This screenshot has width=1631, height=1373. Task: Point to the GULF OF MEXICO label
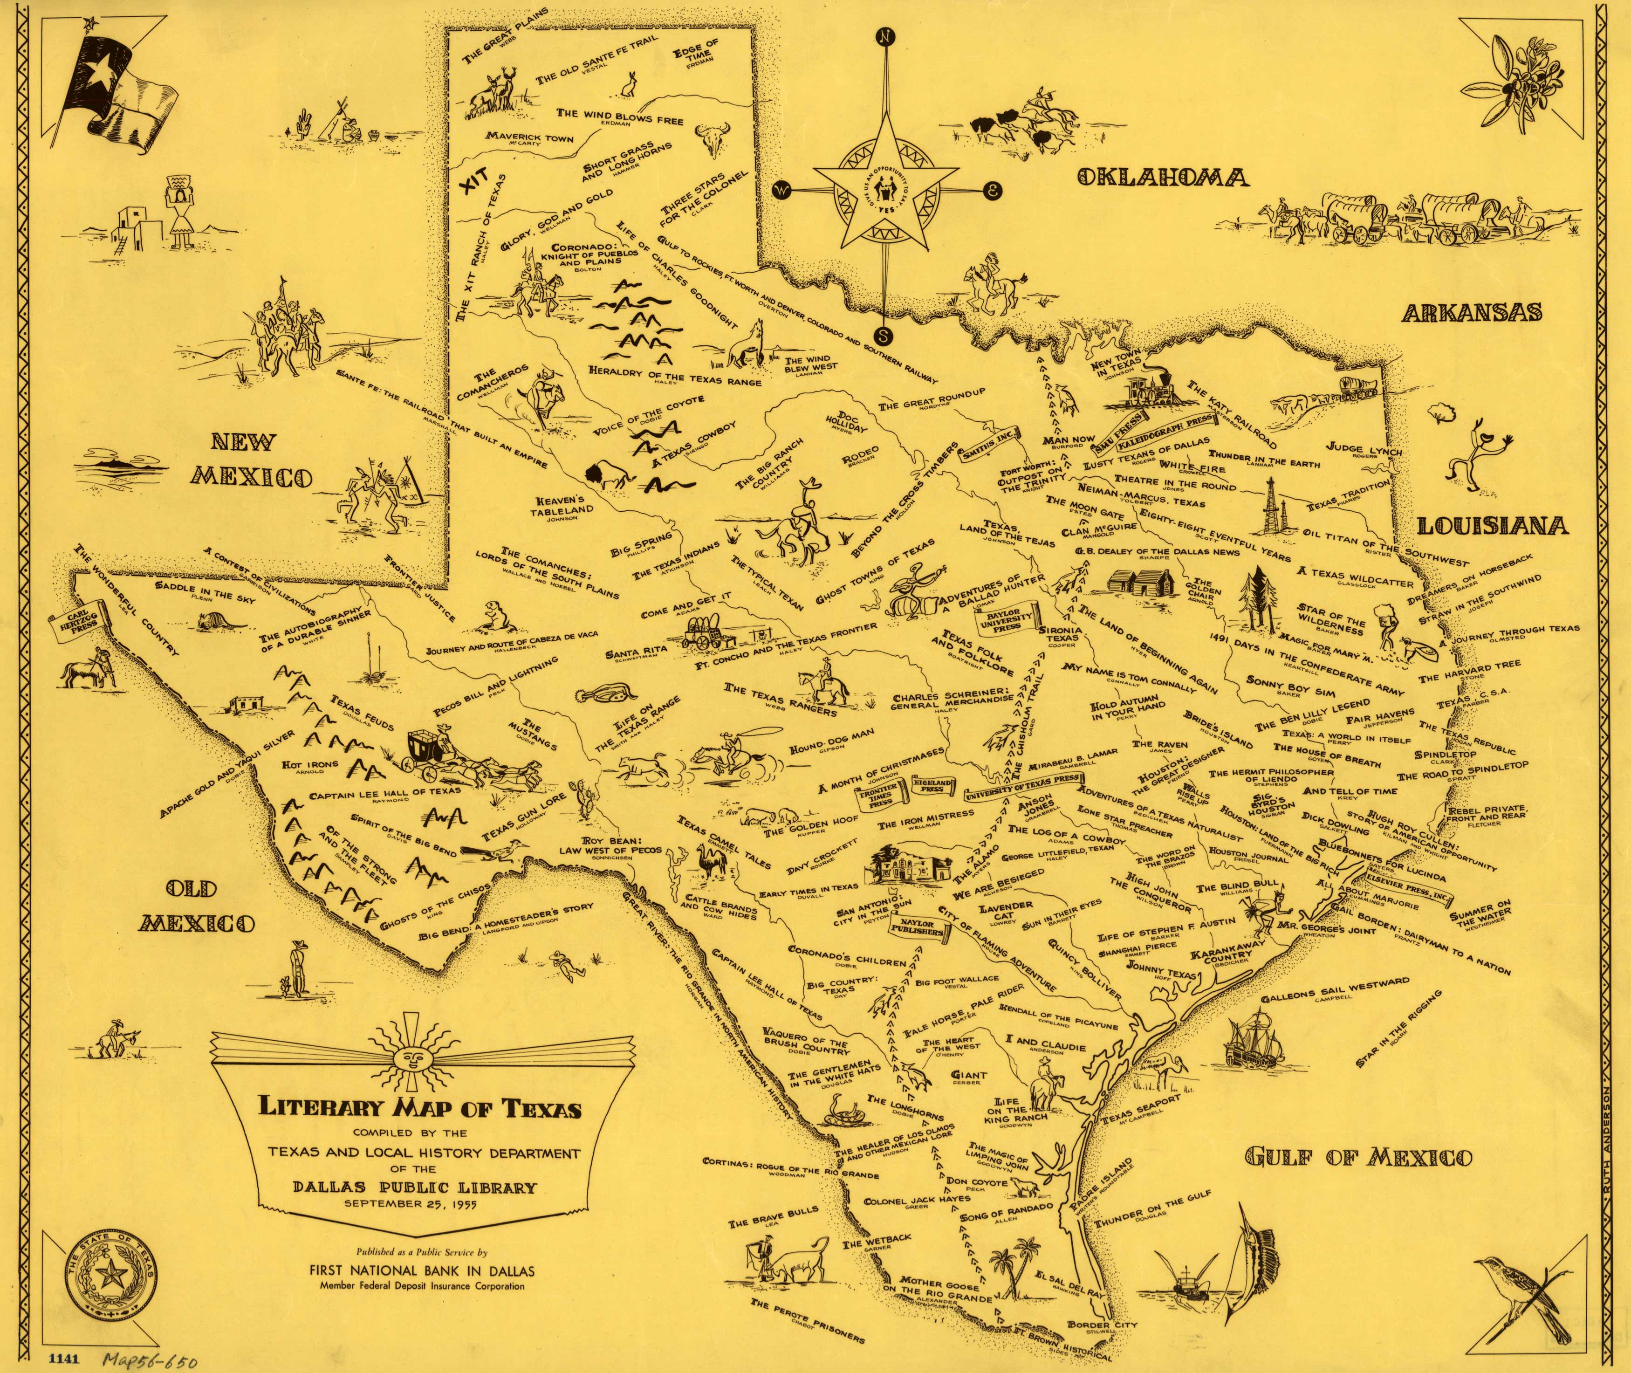[x=1358, y=1157]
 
